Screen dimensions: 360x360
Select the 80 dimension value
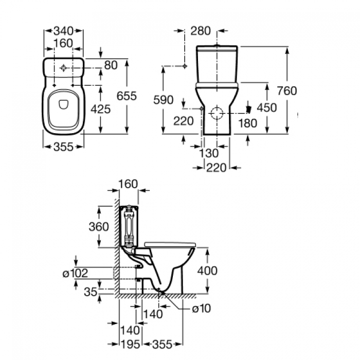tap(110, 65)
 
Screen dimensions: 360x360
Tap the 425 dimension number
tap(101, 109)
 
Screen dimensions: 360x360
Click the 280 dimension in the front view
tap(201, 31)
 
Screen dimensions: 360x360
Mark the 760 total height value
tap(286, 91)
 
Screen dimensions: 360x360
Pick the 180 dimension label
tap(248, 123)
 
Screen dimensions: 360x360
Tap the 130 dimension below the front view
tap(208, 153)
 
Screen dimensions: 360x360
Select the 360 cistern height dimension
tap(99, 227)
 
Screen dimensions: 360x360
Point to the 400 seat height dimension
tap(207, 271)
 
